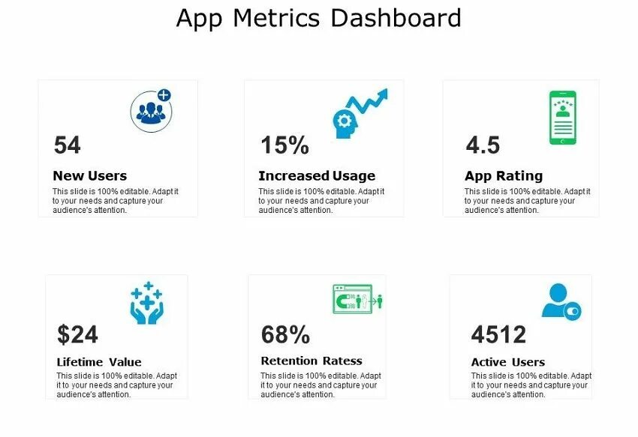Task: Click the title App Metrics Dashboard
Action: click(318, 17)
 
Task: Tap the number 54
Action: click(68, 145)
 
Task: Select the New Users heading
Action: click(89, 176)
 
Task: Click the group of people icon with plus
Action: click(151, 111)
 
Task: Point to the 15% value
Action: click(284, 145)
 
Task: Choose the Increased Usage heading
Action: click(316, 176)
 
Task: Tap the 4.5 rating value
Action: click(483, 145)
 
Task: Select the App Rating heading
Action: click(503, 176)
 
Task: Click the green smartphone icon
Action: click(562, 118)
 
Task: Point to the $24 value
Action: click(77, 334)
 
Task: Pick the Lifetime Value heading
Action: click(99, 362)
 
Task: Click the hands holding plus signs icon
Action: click(146, 303)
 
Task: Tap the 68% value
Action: click(285, 334)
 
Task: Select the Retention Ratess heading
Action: click(311, 361)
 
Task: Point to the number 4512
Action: click(498, 334)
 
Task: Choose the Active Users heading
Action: click(507, 362)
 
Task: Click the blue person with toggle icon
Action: click(561, 301)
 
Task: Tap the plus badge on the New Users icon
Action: click(164, 96)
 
